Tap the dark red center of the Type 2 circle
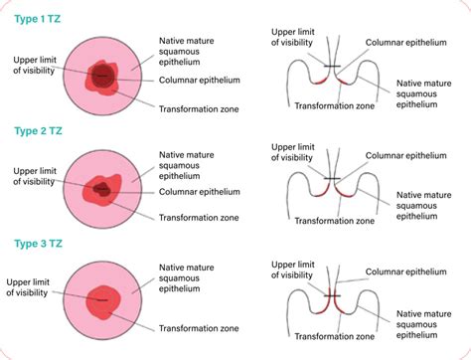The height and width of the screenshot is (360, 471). [100, 189]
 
